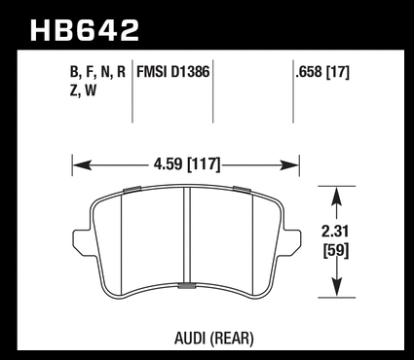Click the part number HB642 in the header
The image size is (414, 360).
[85, 30]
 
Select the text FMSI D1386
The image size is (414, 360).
[173, 72]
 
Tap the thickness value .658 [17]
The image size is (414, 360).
[322, 72]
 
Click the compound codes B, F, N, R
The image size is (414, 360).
[97, 72]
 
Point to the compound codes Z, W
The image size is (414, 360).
[83, 90]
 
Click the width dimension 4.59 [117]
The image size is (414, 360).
[187, 164]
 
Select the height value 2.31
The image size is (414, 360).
[335, 232]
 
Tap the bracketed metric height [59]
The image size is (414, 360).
[336, 251]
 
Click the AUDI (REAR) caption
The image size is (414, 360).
[213, 339]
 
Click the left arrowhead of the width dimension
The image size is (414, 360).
[82, 165]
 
